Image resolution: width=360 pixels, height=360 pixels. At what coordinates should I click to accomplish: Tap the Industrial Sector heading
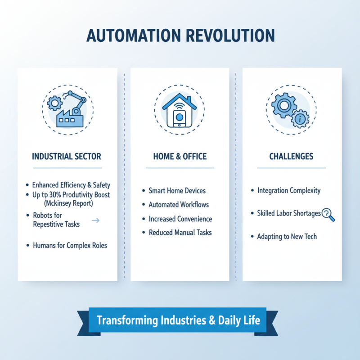tap(67, 157)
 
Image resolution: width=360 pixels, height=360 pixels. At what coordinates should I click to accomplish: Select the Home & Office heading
tap(180, 157)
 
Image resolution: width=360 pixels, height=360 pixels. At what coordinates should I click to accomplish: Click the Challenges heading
tap(291, 157)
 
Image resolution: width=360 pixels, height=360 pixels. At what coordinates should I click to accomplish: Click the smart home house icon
tap(180, 110)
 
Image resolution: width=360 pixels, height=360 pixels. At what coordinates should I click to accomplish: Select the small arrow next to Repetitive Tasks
tap(95, 220)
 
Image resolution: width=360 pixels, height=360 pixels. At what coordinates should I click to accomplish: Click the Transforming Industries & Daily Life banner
tap(179, 321)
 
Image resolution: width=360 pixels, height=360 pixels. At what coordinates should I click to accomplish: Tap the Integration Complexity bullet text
tap(289, 190)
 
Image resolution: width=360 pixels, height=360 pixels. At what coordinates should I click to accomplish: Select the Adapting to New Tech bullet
tap(287, 236)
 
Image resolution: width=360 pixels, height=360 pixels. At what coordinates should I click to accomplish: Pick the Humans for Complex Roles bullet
tap(70, 246)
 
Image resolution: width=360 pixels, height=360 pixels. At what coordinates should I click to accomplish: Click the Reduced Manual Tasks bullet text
tap(180, 233)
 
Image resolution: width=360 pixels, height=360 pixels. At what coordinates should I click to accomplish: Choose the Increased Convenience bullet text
tap(180, 219)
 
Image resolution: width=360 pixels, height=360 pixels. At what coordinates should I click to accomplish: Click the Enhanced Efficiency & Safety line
tap(71, 185)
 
